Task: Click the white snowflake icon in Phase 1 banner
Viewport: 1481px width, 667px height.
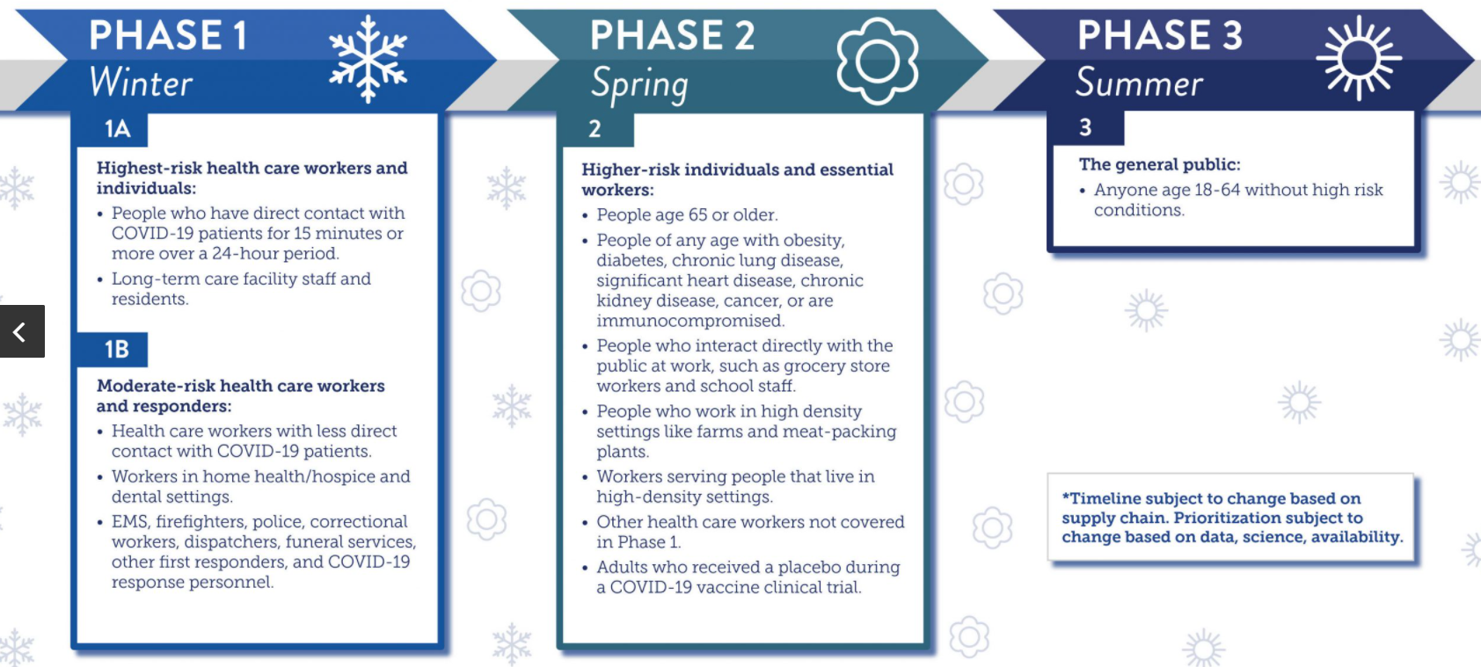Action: [368, 60]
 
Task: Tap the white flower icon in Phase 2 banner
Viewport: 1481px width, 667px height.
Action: [878, 61]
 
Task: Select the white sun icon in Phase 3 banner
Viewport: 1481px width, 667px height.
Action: [1359, 58]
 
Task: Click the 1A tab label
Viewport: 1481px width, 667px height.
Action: [117, 129]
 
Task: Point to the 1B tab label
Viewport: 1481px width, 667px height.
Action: [117, 350]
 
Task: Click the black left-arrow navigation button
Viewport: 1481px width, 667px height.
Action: [22, 331]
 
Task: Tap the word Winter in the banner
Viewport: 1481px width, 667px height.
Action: [140, 83]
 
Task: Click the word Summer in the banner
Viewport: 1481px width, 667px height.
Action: [1139, 83]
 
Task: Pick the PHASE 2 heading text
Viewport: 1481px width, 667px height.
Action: [673, 35]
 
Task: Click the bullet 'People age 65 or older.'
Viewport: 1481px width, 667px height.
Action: [687, 214]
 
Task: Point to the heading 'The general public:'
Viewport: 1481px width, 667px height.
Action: [1160, 164]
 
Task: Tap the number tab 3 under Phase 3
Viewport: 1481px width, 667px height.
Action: [1085, 127]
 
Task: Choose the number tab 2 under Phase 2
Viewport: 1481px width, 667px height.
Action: [595, 129]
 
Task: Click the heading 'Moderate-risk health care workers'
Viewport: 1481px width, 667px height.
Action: [241, 386]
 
